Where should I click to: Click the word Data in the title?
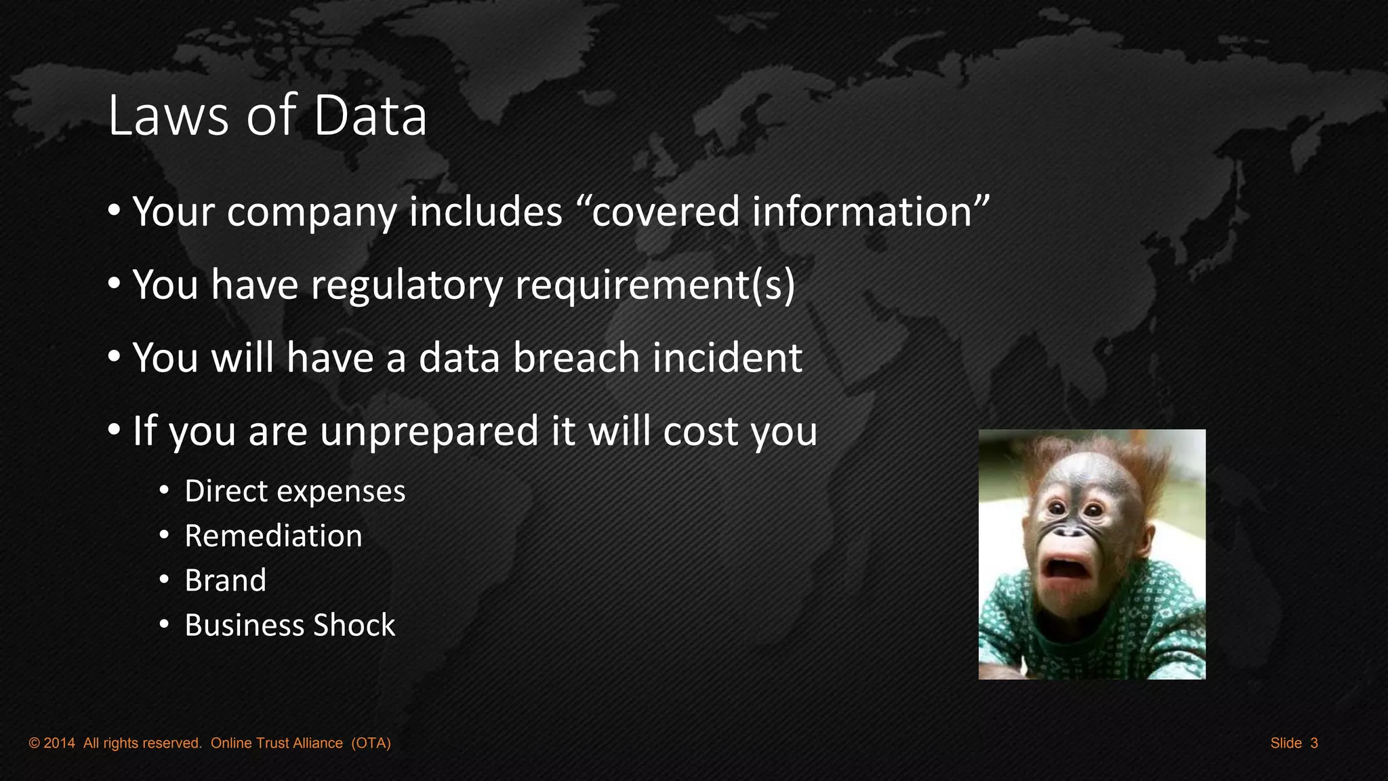point(370,115)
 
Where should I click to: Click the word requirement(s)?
point(655,285)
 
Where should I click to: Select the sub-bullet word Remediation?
point(273,536)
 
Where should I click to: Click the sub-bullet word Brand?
point(225,580)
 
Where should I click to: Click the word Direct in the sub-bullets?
point(226,491)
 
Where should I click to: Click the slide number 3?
point(1314,743)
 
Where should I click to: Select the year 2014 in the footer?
point(59,743)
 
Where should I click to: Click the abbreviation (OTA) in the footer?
point(371,743)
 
